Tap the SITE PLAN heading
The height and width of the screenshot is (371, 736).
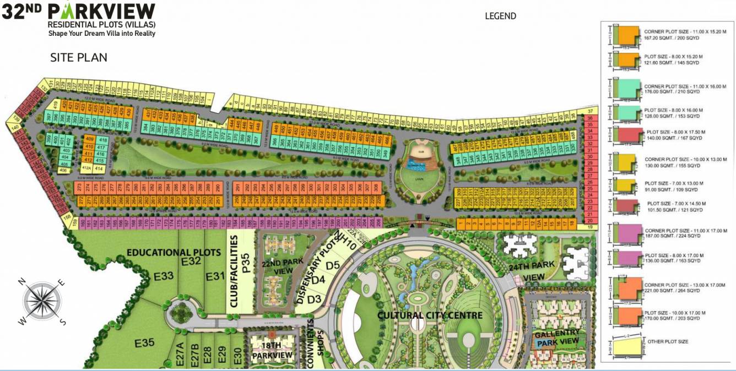[x=79, y=57]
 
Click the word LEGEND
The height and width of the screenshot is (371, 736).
[x=500, y=16]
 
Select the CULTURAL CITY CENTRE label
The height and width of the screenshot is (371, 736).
[x=430, y=315]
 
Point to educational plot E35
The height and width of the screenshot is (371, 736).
[x=144, y=343]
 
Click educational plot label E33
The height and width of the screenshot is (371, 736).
[x=164, y=276]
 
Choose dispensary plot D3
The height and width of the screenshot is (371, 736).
[x=314, y=299]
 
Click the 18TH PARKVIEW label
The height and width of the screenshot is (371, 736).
[x=272, y=351]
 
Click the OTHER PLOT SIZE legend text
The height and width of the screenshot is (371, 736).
[x=668, y=342]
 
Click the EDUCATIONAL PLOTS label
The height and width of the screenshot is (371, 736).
[x=174, y=253]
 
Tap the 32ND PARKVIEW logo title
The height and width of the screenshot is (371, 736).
[x=79, y=12]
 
